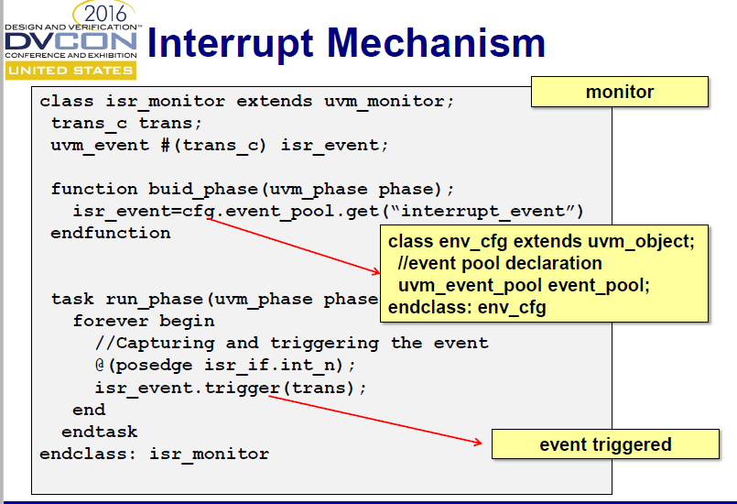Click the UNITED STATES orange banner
tap(70, 71)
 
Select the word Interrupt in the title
tap(234, 42)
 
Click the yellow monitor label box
tap(620, 92)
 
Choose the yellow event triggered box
tap(605, 444)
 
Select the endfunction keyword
tap(111, 233)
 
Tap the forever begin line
tap(144, 321)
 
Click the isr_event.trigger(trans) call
tap(230, 387)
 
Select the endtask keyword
tap(99, 431)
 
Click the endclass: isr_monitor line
tap(154, 454)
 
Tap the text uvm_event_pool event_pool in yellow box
tap(524, 285)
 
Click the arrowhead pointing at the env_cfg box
tap(375, 271)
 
